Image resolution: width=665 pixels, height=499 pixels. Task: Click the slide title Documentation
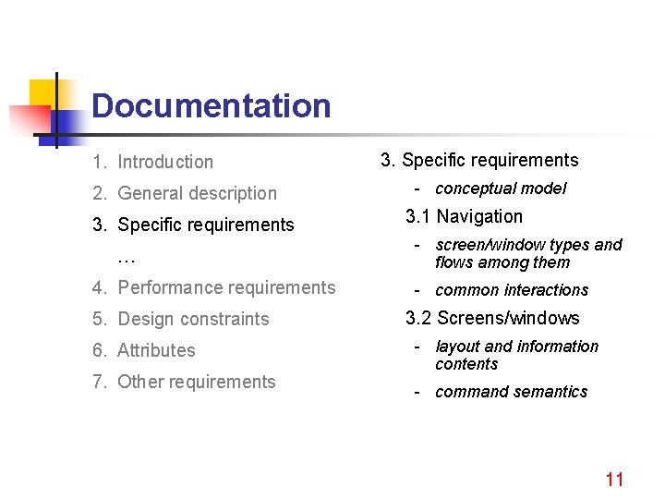click(211, 105)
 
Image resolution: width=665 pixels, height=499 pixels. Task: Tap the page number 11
click(614, 479)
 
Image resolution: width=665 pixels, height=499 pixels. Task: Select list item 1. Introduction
click(152, 162)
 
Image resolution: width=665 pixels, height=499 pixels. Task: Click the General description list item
click(185, 193)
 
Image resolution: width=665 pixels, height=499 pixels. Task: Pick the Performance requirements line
click(214, 287)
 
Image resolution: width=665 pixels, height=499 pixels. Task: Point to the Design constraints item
click(181, 319)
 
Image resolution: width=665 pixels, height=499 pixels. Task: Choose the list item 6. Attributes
click(144, 350)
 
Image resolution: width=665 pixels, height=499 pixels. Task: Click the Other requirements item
click(184, 382)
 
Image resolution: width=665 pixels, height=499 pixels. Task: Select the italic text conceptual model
click(501, 189)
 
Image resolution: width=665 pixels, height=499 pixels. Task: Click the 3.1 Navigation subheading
click(465, 216)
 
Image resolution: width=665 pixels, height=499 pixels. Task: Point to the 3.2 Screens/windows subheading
click(493, 318)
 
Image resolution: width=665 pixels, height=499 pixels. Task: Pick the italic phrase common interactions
click(512, 290)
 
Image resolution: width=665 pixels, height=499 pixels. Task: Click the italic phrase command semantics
click(511, 392)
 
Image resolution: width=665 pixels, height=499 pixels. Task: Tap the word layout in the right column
click(457, 347)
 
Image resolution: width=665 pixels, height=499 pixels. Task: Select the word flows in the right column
click(455, 262)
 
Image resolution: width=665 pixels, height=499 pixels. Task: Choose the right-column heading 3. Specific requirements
click(479, 160)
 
